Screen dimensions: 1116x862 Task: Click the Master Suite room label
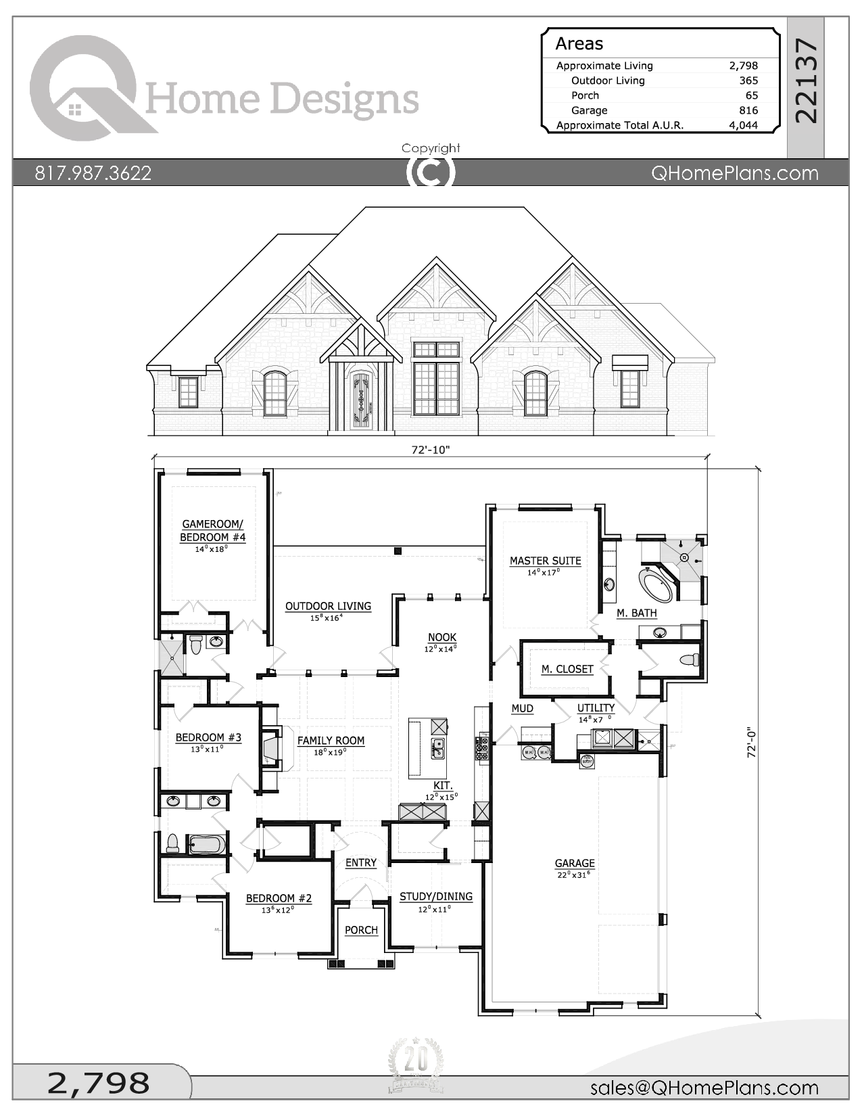pyautogui.click(x=545, y=561)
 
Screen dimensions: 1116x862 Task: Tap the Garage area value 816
pyautogui.click(x=748, y=110)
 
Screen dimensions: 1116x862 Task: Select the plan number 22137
pyautogui.click(x=806, y=81)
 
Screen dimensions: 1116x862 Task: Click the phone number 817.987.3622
pyautogui.click(x=93, y=173)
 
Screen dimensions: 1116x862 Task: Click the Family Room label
pyautogui.click(x=331, y=741)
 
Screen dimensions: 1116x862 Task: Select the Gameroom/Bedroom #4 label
pyautogui.click(x=212, y=530)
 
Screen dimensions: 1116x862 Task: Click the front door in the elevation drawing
pyautogui.click(x=361, y=402)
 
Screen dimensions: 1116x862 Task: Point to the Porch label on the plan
pyautogui.click(x=361, y=930)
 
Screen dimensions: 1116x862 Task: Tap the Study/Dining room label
pyautogui.click(x=435, y=896)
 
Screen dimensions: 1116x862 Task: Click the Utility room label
pyautogui.click(x=596, y=708)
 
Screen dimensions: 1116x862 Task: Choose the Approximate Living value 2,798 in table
pyautogui.click(x=743, y=66)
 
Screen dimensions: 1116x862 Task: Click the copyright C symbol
pyautogui.click(x=431, y=172)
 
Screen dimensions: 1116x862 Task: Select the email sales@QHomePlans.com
pyautogui.click(x=704, y=1088)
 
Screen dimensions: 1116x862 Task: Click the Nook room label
pyautogui.click(x=441, y=637)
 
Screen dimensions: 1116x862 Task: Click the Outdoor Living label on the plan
pyautogui.click(x=328, y=606)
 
